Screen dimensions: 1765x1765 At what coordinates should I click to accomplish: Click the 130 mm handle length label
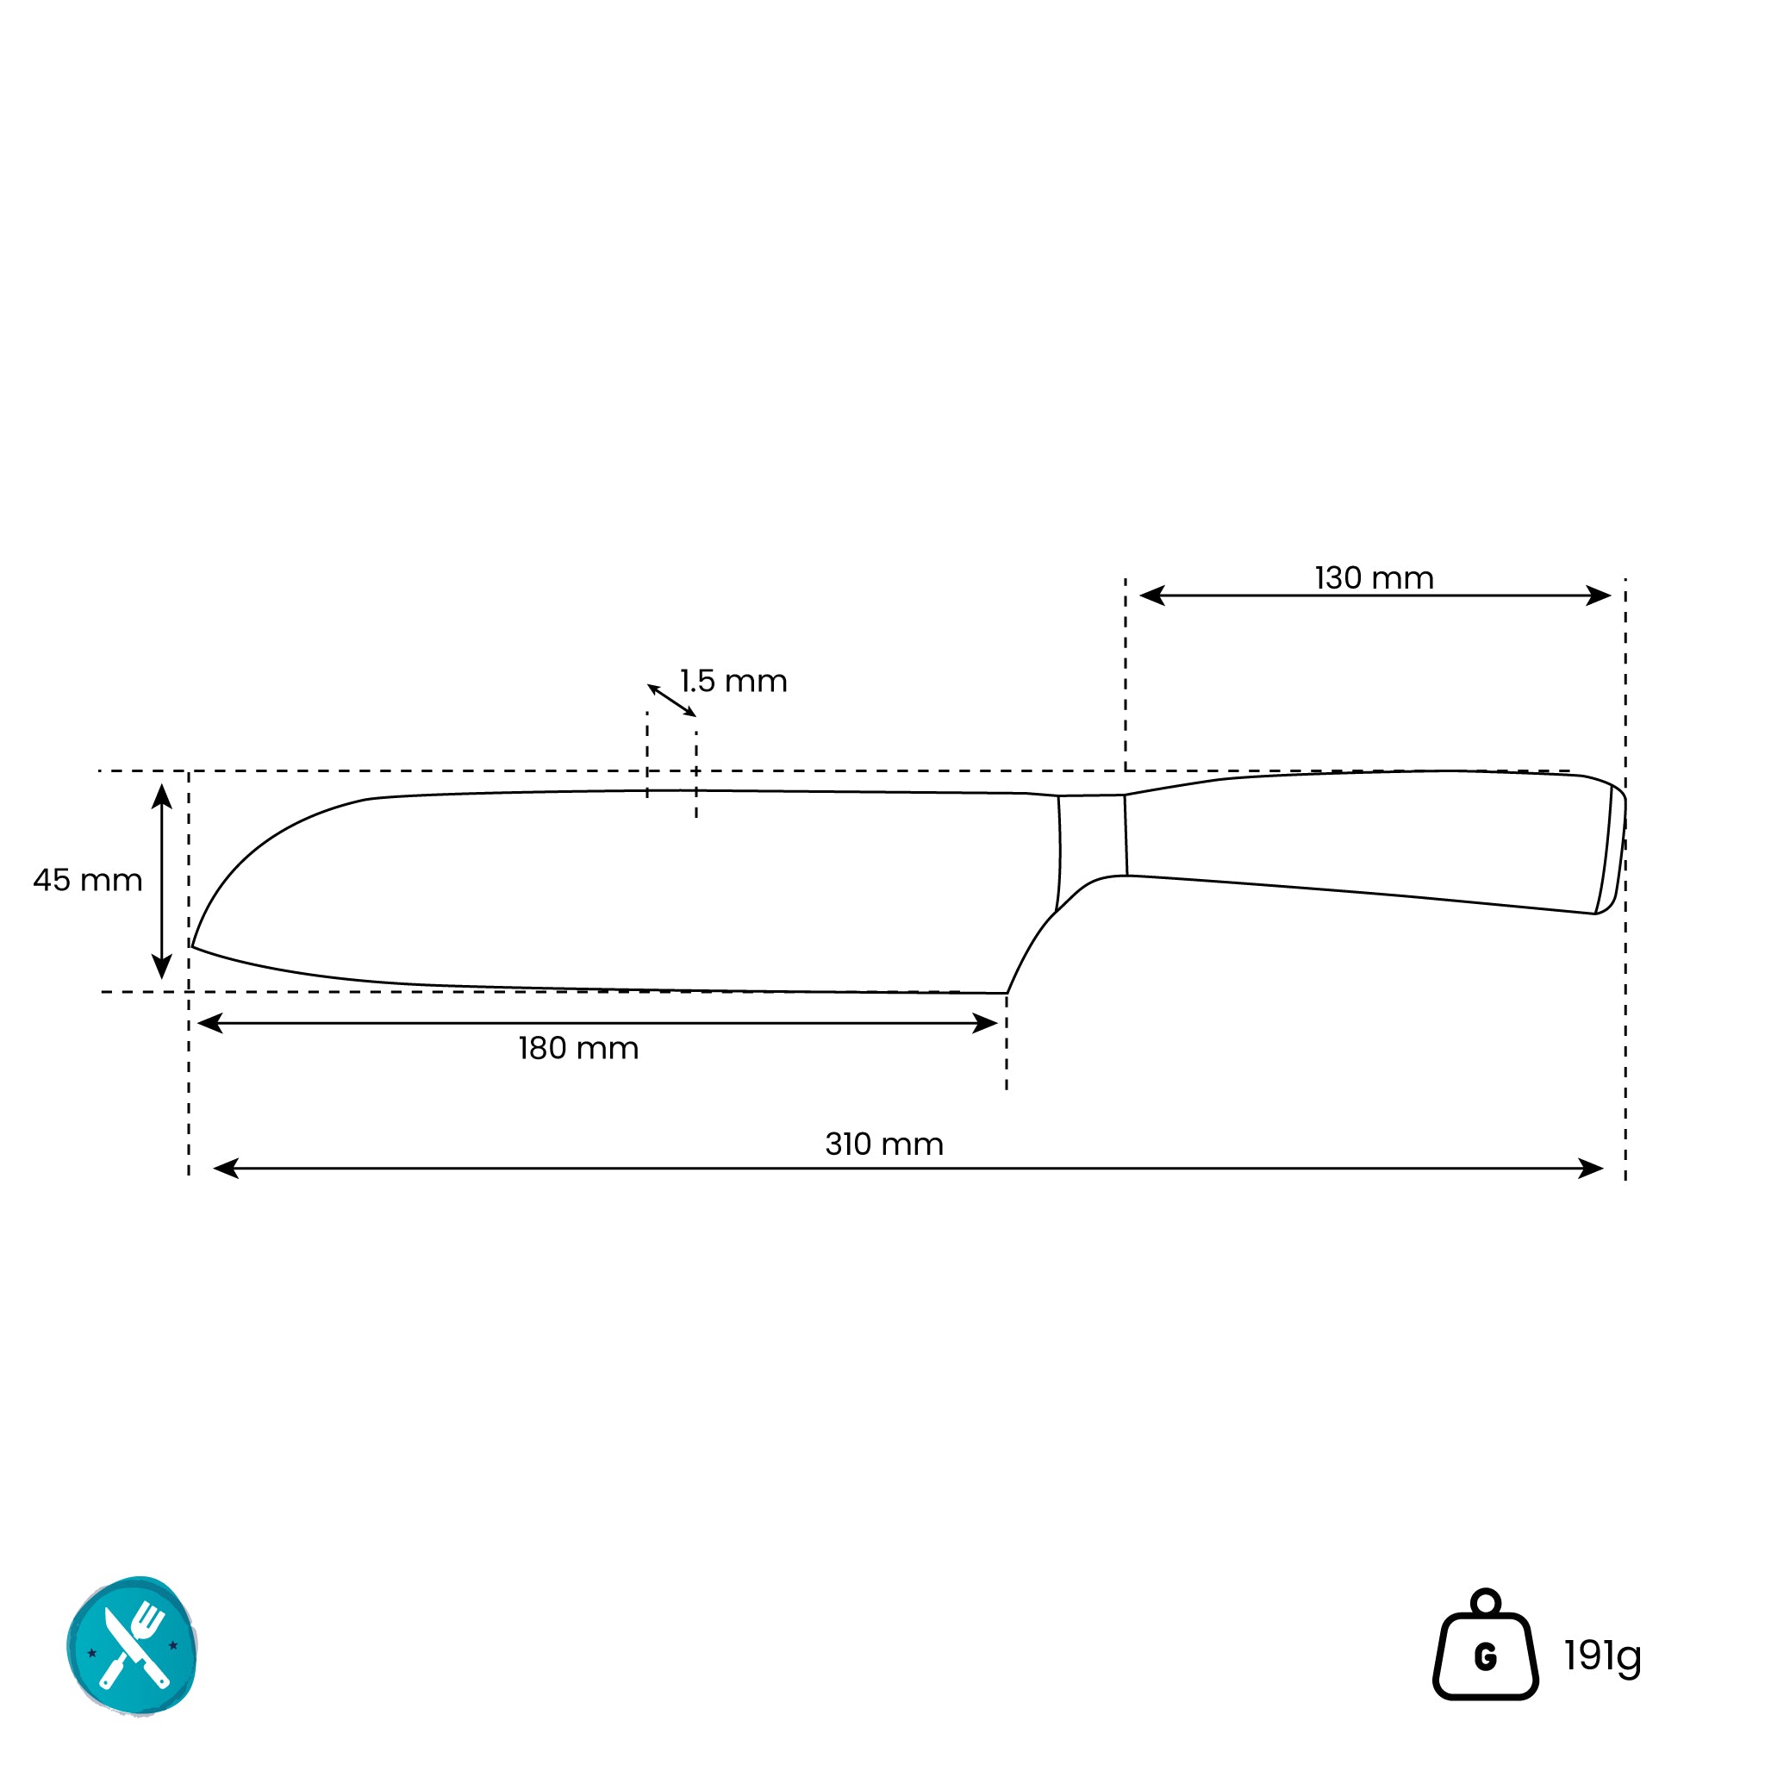pyautogui.click(x=1374, y=578)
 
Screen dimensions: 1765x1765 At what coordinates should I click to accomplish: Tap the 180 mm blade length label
pyautogui.click(x=578, y=1048)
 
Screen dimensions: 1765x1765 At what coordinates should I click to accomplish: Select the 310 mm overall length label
pyautogui.click(x=884, y=1144)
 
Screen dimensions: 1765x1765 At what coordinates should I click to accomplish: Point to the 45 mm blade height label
pyautogui.click(x=88, y=880)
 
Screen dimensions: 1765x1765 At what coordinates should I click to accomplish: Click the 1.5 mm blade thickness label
pyautogui.click(x=733, y=681)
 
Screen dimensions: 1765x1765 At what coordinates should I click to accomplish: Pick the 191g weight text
pyautogui.click(x=1602, y=1656)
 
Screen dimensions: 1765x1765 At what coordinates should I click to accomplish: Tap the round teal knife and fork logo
pyautogui.click(x=132, y=1647)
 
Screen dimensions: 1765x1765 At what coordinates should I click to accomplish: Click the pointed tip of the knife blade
pyautogui.click(x=192, y=946)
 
